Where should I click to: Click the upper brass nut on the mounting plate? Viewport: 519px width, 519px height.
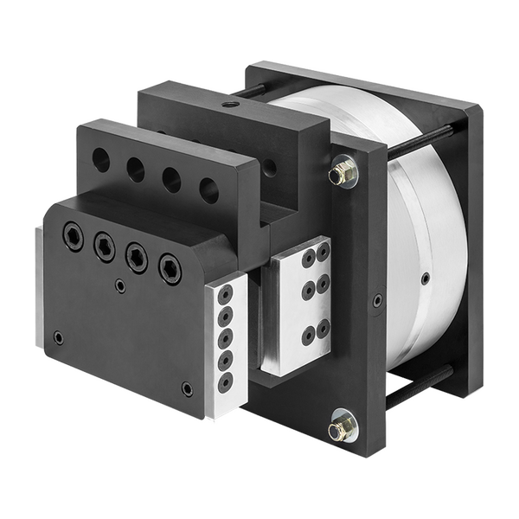(343, 173)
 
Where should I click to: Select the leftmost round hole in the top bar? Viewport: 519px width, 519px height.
(101, 159)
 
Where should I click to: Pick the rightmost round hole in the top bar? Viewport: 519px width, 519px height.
(208, 190)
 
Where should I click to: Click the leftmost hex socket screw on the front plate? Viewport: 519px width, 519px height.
(74, 236)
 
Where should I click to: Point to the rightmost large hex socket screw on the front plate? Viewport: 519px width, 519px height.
(170, 268)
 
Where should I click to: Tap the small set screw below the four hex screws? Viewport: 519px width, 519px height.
(120, 286)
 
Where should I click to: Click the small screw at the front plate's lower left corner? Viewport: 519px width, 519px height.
(57, 337)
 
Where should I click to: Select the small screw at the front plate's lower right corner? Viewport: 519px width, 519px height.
(188, 388)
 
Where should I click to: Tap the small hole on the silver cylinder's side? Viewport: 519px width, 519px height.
(426, 279)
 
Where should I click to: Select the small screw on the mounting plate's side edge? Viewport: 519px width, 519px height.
(377, 300)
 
